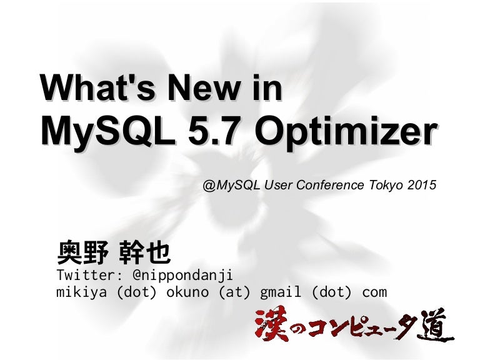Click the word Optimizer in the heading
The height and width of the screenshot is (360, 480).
(346, 133)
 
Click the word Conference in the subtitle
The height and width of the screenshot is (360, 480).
(327, 185)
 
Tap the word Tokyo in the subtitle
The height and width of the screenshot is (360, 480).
(382, 185)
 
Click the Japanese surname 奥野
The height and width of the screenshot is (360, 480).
(79, 253)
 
